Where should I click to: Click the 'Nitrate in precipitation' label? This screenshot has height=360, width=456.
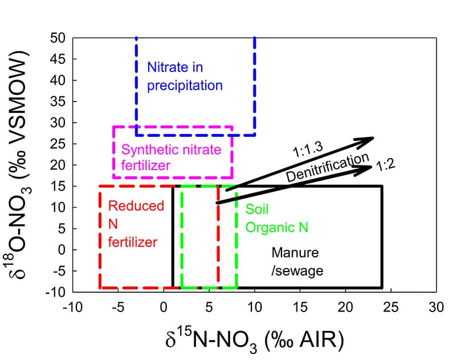click(184, 76)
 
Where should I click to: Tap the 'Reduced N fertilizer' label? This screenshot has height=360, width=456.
click(132, 224)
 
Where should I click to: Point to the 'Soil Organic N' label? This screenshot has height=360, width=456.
click(277, 218)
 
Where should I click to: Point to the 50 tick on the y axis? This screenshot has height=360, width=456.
click(60, 38)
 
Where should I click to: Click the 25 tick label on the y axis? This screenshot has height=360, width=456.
click(60, 144)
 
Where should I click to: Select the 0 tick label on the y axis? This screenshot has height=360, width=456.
click(63, 250)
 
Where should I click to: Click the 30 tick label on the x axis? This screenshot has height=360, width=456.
click(436, 306)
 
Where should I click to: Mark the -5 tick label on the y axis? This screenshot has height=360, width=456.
click(60, 271)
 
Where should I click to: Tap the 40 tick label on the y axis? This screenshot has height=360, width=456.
click(60, 80)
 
